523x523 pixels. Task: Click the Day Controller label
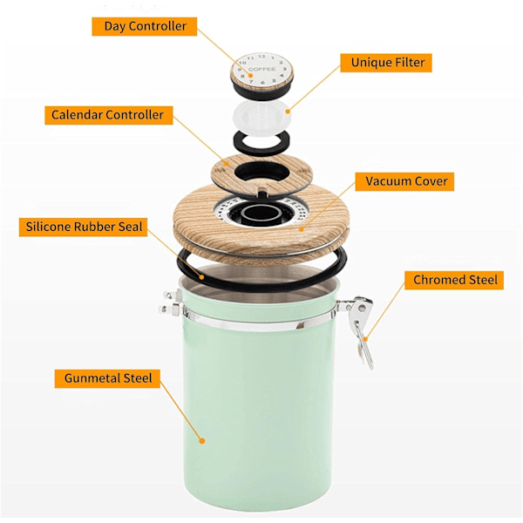(145, 26)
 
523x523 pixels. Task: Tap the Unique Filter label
(386, 63)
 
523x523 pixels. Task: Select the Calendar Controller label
(109, 115)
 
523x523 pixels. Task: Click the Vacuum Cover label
(404, 181)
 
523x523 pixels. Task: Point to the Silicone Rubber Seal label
(83, 228)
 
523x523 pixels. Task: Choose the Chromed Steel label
(454, 280)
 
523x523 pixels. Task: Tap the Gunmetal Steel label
(107, 378)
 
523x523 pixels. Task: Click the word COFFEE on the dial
(261, 69)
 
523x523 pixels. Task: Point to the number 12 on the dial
(261, 57)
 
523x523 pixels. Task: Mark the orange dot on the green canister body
(202, 440)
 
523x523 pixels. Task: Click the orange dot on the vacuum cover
(302, 229)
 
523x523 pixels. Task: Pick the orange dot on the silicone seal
(201, 277)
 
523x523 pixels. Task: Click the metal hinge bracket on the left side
(171, 303)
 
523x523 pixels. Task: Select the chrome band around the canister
(259, 322)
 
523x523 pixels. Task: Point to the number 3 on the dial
(284, 69)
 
